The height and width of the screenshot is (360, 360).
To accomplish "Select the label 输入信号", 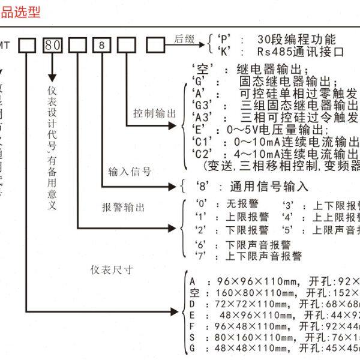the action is click(x=130, y=172).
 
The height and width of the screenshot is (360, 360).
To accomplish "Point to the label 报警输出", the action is click(x=124, y=207).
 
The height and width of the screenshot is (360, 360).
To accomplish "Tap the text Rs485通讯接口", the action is click(x=304, y=52).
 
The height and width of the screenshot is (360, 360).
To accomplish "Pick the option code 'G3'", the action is click(x=202, y=104).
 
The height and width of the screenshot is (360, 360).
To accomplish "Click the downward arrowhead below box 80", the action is click(x=52, y=77).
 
